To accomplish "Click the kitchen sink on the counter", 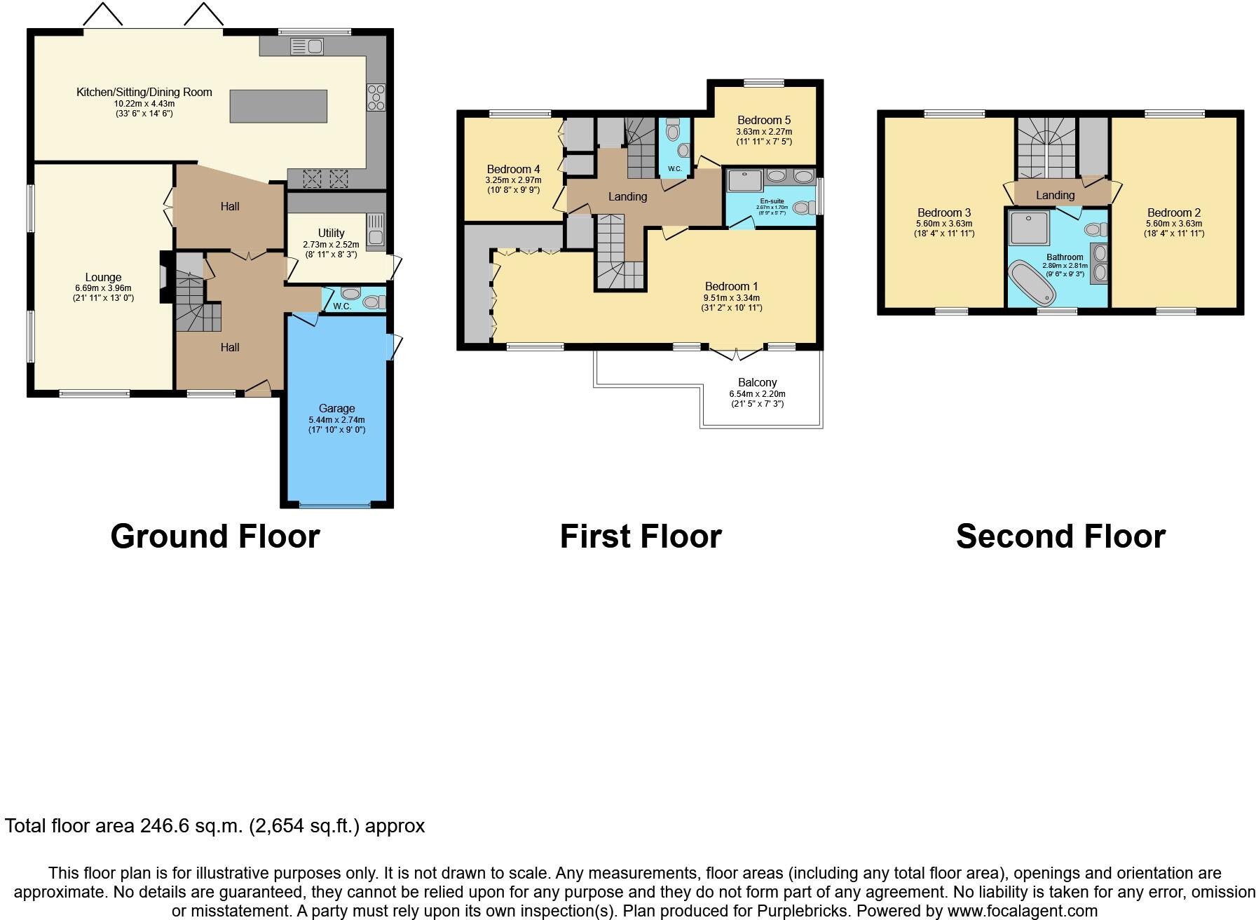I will [x=306, y=47].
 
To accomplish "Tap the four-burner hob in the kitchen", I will [x=376, y=97].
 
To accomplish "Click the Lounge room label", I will [x=103, y=277].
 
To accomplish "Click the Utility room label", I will [x=331, y=233].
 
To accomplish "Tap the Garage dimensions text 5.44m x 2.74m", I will [x=336, y=419].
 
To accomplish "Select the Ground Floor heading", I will [x=214, y=536].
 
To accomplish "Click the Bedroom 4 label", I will [x=513, y=169].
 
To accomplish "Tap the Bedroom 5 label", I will [x=764, y=120].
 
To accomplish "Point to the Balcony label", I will [x=757, y=382].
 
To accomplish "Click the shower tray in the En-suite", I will [x=744, y=180].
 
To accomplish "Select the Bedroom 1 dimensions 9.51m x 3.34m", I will [x=731, y=297].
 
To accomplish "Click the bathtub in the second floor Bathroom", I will [x=1032, y=283].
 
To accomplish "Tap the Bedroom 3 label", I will [x=943, y=212].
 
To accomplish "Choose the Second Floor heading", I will [x=1060, y=536].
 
